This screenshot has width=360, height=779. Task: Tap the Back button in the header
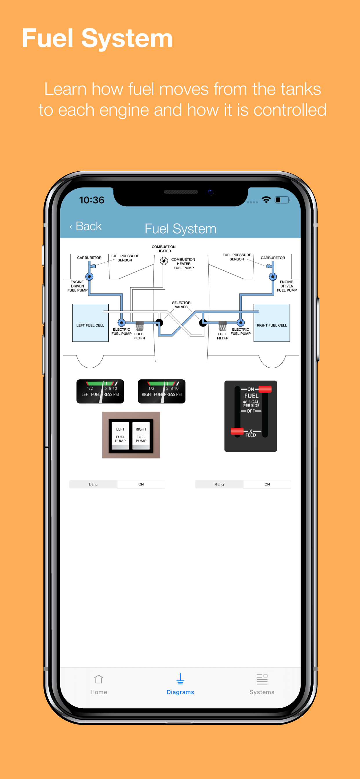[86, 226]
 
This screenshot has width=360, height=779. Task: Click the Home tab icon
[99, 679]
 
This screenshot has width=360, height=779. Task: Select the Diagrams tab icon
[180, 679]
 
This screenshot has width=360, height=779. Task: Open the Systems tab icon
[262, 679]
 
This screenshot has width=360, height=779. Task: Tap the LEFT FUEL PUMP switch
[120, 435]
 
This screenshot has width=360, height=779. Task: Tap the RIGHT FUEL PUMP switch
[141, 435]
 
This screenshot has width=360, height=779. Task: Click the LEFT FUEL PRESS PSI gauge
[100, 391]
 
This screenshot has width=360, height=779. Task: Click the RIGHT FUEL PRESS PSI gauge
[161, 391]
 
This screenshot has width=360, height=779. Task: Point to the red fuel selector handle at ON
[265, 389]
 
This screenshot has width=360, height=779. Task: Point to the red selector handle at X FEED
[237, 431]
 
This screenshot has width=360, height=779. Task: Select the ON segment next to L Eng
[141, 484]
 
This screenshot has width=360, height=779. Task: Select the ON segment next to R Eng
[267, 484]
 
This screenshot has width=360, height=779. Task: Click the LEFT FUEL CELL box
[90, 323]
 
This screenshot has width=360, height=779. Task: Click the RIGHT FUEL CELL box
[272, 323]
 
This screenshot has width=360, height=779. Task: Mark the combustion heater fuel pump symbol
[164, 261]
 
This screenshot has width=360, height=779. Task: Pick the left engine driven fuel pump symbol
[89, 276]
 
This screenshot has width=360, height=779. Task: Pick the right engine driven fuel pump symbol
[273, 276]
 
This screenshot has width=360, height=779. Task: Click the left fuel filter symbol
[139, 326]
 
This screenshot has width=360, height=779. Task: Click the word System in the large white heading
[127, 39]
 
